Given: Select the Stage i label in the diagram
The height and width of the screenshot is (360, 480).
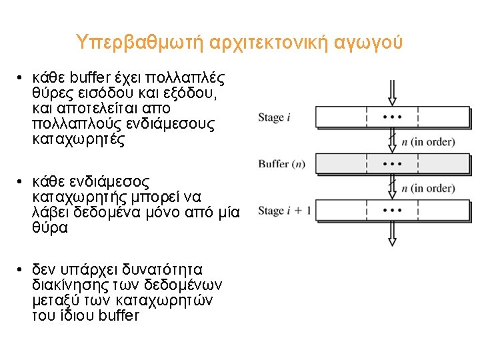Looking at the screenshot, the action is (274, 118).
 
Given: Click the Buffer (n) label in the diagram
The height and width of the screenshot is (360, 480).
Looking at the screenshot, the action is (282, 164).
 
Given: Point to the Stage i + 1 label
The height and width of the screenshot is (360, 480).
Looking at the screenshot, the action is (284, 211).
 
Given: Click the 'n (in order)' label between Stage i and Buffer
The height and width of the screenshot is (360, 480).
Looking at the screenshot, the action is (428, 141).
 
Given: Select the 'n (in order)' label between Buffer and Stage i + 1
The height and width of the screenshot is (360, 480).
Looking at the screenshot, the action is (428, 188).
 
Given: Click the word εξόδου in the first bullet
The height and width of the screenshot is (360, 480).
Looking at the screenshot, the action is (189, 93).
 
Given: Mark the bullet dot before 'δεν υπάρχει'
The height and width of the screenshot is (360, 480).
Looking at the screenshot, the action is (21, 269).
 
